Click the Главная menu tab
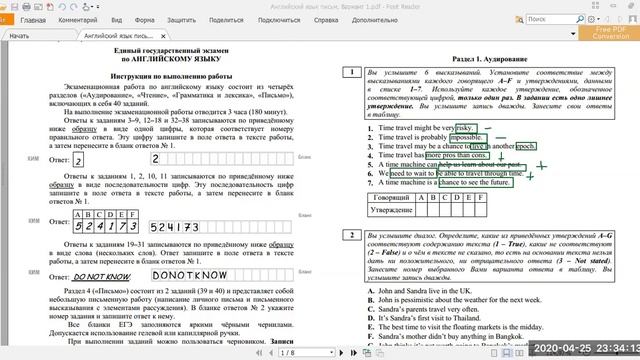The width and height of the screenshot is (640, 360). [31, 19]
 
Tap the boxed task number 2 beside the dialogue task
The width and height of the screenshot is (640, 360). [350, 236]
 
